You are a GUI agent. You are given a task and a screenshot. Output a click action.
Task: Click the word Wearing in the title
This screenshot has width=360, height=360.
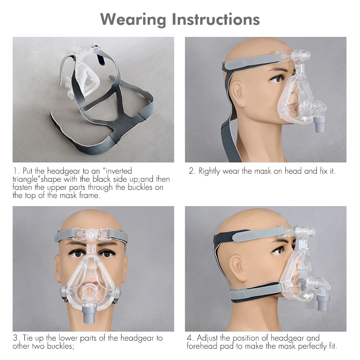[x=133, y=20]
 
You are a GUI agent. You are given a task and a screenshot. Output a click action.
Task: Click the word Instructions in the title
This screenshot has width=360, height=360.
[x=216, y=19]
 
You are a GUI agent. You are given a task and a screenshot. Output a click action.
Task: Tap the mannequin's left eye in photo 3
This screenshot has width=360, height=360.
[x=105, y=254]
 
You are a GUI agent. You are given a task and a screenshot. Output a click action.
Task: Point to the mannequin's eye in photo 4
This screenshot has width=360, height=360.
[x=279, y=250]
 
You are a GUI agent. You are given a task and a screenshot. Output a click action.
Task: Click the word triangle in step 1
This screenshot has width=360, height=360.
[x=24, y=180]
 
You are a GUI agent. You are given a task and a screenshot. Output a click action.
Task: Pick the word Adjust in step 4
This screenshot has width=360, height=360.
[x=207, y=338]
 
